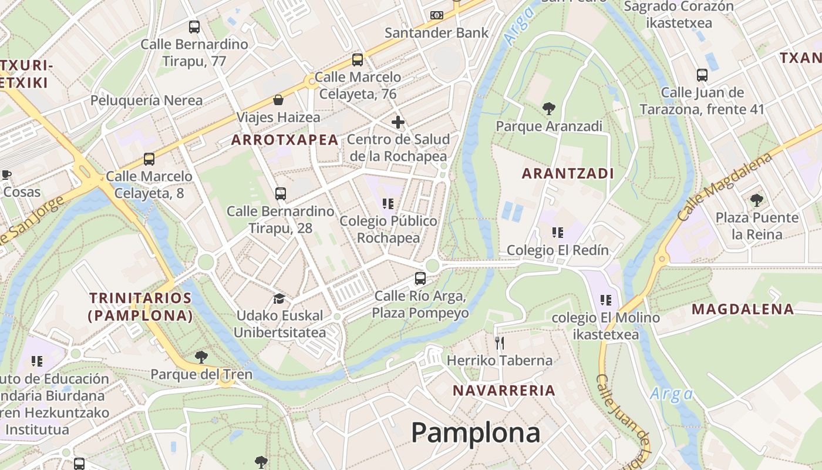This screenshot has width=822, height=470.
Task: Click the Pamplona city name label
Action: coord(475,433)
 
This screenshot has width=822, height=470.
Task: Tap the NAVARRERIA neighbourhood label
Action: coord(504,391)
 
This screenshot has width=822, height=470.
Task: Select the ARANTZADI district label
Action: coord(568,174)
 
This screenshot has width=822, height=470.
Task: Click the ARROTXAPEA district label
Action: coord(285,140)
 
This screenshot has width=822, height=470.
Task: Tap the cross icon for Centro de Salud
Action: coord(398,122)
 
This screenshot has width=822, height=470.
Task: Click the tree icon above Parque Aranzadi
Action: coord(549,109)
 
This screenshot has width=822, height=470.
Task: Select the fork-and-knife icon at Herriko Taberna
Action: coord(500,343)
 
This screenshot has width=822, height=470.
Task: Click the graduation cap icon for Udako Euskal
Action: coord(279,298)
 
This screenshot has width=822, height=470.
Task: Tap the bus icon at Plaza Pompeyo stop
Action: coord(420,278)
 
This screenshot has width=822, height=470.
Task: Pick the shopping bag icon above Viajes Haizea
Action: coord(278,100)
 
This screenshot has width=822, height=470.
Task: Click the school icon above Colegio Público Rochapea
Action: coord(388,204)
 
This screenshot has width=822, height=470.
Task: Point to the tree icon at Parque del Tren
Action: coord(201,357)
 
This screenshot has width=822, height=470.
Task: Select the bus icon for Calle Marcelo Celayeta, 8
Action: coord(149,159)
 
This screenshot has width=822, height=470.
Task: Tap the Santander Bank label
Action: coord(436,32)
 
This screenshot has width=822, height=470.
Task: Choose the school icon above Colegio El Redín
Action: coord(558,233)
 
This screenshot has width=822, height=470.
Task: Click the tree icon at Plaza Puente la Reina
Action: coord(757,200)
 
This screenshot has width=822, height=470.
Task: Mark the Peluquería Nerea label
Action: coord(146,100)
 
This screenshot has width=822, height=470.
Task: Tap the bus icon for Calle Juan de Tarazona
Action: coord(702,75)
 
